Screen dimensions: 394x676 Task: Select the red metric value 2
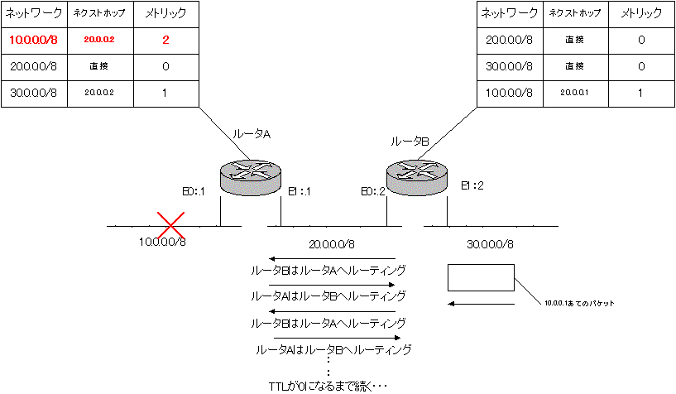point(165,39)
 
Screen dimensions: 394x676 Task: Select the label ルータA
point(252,132)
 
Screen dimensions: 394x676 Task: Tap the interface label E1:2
point(472,185)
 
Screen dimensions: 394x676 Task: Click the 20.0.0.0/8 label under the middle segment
point(332,244)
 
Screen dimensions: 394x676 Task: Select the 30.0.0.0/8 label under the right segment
point(491,244)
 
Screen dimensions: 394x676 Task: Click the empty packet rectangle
point(481,277)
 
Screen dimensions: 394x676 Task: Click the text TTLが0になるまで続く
point(328,386)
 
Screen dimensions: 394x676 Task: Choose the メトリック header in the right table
point(640,13)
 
